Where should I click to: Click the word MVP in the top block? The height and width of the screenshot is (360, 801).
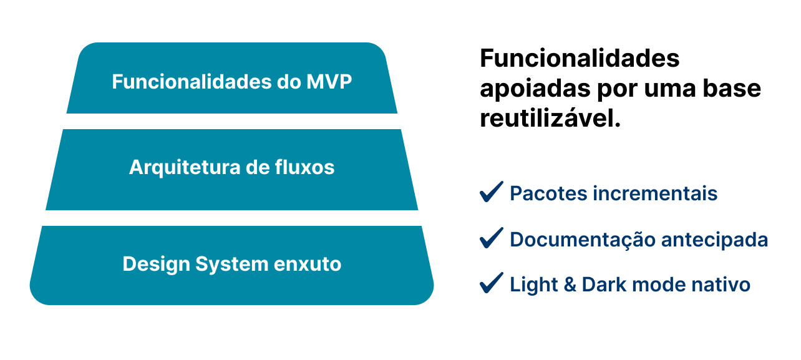click(329, 82)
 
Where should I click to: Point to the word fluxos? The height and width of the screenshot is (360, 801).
click(304, 167)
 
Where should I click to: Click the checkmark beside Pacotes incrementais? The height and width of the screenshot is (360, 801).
click(492, 192)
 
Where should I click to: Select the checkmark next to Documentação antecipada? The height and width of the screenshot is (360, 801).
click(492, 238)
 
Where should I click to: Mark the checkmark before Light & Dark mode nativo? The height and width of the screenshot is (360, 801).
click(492, 283)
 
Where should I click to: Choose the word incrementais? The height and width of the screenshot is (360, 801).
click(655, 193)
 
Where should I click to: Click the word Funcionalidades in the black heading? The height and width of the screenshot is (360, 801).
click(580, 59)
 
